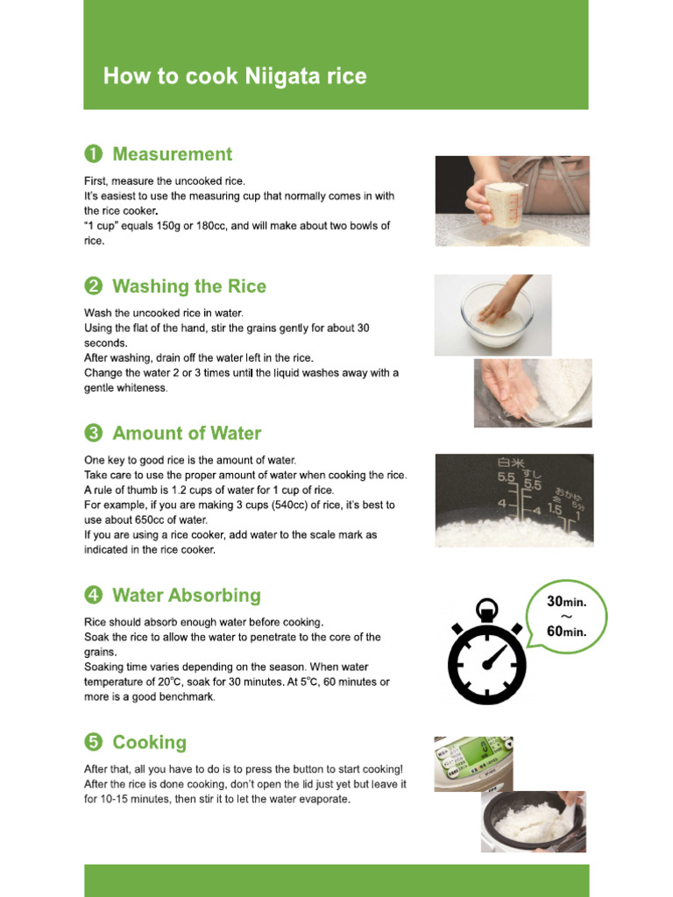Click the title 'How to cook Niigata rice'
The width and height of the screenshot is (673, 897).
tap(235, 76)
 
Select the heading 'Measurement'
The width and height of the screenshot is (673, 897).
tap(172, 154)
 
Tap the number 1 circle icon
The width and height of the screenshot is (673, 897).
tap(93, 154)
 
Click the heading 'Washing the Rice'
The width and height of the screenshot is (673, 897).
tap(189, 286)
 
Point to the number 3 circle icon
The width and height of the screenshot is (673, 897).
tap(93, 434)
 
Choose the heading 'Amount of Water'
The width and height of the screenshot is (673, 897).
tap(187, 434)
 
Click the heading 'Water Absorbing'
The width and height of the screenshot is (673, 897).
tap(187, 596)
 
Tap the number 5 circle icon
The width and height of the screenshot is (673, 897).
tap(93, 743)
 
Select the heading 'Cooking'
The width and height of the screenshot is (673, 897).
tap(149, 743)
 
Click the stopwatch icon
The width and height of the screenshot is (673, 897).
tap(486, 653)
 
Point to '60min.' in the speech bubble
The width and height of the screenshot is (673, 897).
tap(566, 632)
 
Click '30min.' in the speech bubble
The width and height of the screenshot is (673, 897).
tap(566, 602)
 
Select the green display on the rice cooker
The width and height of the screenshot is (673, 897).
tap(478, 754)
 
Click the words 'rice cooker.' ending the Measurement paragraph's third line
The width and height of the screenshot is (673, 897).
tap(122, 211)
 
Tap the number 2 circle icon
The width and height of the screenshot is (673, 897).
tap(93, 286)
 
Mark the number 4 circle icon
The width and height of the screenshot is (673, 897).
tap(93, 596)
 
